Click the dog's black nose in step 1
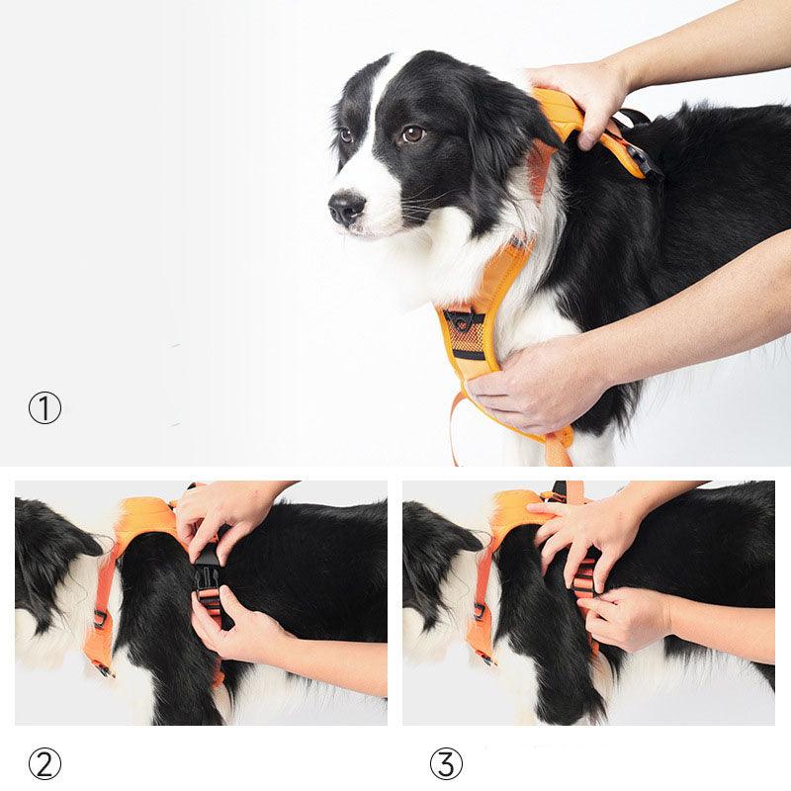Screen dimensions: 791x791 pos(347,208)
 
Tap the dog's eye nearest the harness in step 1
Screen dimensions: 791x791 pos(412,133)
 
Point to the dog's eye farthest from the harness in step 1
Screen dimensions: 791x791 pos(346,135)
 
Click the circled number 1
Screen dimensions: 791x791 pos(44,408)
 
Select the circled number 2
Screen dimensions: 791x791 pos(44,763)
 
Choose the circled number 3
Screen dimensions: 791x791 pos(446,763)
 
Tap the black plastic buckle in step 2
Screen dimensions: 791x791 pos(208,573)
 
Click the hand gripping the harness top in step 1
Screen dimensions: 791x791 pos(578,94)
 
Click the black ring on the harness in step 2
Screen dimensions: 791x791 pos(100,619)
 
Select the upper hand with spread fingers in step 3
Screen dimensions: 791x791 pos(583,534)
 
